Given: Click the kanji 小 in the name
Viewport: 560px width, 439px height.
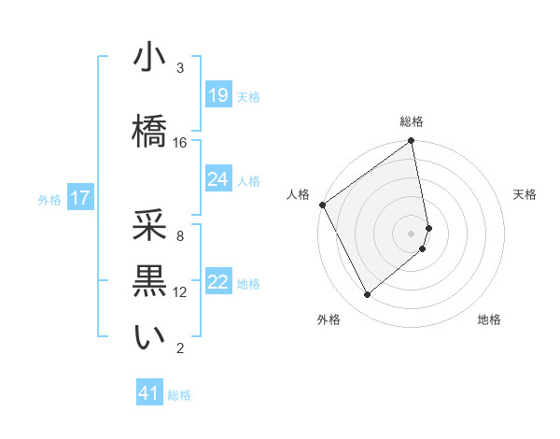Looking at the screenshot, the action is (149, 58).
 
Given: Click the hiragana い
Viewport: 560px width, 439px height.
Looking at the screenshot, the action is (149, 338).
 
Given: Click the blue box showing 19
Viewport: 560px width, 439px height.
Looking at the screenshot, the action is (218, 95).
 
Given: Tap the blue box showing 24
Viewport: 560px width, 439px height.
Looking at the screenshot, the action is (218, 179).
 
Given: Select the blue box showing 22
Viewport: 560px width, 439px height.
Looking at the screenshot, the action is (218, 282).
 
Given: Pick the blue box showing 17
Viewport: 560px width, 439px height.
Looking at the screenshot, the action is (79, 198).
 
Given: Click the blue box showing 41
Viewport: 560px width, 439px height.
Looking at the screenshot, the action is (149, 393).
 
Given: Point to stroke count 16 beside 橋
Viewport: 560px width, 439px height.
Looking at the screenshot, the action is (180, 143).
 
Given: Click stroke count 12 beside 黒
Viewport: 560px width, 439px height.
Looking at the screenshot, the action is (180, 292).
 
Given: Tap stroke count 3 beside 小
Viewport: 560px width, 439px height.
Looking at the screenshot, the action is (180, 68).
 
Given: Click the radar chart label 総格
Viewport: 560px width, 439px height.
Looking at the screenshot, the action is (412, 121).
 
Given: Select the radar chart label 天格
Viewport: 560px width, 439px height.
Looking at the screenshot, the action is (525, 194).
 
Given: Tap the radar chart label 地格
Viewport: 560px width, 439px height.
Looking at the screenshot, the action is (489, 320).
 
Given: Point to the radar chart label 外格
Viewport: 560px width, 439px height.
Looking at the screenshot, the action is (329, 320).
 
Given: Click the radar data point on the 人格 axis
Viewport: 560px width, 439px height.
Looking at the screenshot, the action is (322, 205).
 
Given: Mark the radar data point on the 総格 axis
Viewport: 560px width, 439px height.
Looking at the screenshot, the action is (412, 142).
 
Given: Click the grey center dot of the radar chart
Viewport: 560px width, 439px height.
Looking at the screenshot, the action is (412, 233).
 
